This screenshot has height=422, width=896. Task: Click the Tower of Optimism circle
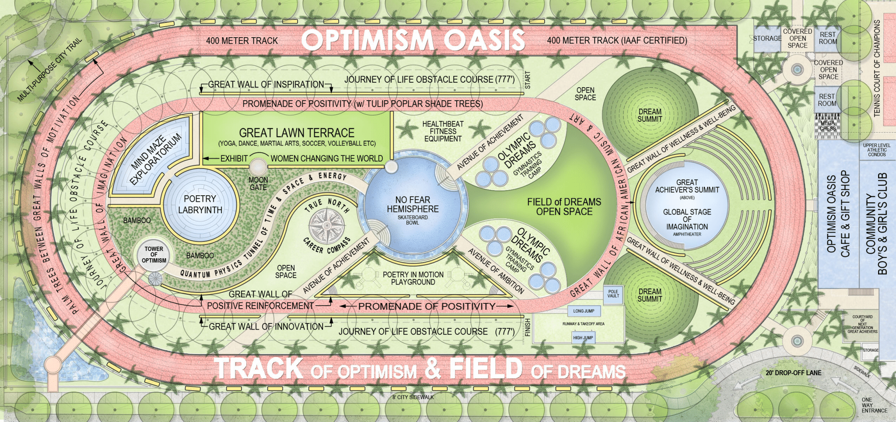tap(154, 254)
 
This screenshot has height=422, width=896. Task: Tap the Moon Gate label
tap(258, 183)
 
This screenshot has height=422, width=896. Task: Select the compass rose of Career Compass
tap(327, 226)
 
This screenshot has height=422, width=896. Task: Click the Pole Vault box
tap(613, 293)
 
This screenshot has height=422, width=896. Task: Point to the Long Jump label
tap(584, 311)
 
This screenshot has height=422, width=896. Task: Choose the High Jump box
tap(583, 338)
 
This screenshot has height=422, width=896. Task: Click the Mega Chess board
tap(827, 126)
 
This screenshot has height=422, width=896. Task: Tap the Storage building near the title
tap(767, 39)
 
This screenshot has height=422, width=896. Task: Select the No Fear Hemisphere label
tap(413, 204)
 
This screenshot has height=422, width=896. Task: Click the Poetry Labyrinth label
tap(200, 204)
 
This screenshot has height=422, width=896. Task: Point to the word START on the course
tap(528, 81)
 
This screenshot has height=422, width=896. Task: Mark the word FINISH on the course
tap(528, 327)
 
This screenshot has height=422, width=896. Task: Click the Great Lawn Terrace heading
tap(297, 133)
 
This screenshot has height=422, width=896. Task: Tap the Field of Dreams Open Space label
tap(564, 207)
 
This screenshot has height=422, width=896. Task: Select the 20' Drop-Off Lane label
tap(793, 373)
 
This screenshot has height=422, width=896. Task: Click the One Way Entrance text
tap(874, 405)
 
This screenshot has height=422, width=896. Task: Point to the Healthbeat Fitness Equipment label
tap(443, 131)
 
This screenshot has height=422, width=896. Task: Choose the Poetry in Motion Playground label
tap(413, 278)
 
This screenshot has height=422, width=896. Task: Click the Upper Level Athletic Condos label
tap(877, 150)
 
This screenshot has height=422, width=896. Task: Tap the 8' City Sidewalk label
tap(413, 397)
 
